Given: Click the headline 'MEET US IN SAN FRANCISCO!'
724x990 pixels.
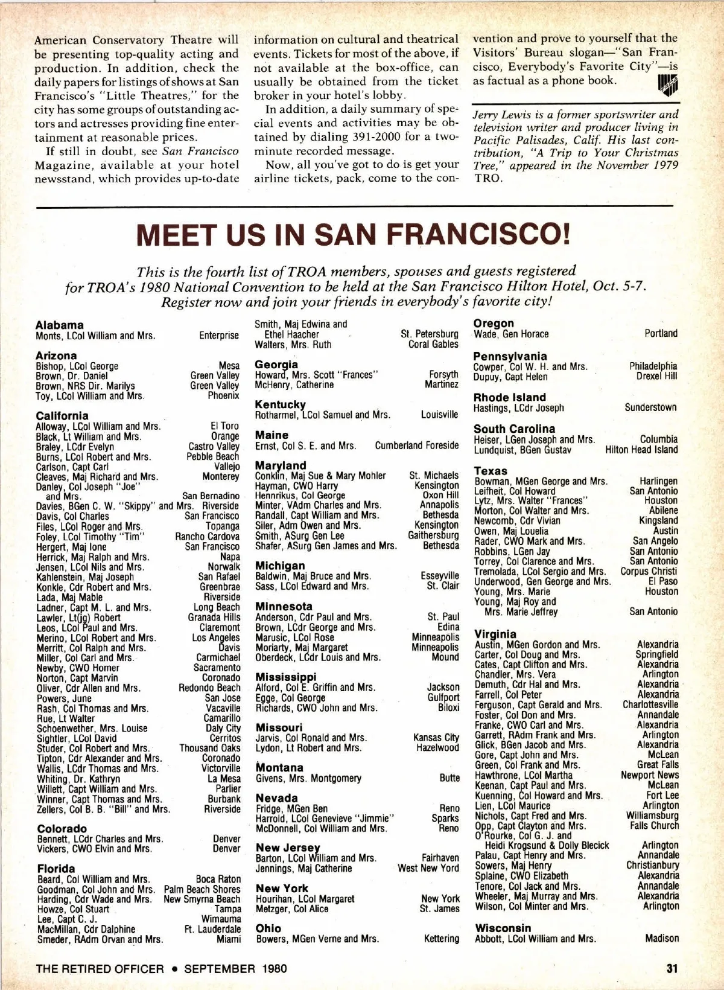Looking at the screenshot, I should pos(354,234).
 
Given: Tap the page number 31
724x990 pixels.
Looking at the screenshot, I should pos(672,968).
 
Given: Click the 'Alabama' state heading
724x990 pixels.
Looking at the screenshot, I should pos(60,325).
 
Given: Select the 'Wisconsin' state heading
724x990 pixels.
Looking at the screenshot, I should pos(503,928).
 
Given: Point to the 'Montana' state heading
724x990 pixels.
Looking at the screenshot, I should pos(279,767).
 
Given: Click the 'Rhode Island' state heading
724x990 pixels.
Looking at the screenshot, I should pos(509,397).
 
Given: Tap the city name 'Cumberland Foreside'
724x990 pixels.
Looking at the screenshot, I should pos(417,445).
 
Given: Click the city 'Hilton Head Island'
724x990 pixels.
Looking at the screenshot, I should pos(641,450).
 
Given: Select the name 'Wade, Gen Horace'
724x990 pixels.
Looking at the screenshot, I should pos(511,334).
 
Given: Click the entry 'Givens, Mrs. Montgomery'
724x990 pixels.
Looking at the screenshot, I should pos(308,778).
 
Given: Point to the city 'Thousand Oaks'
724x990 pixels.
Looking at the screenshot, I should pos(210,748).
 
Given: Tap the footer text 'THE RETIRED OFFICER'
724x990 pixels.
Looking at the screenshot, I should pos(100,969).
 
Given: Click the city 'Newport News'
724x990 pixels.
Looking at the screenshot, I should pos(650,775).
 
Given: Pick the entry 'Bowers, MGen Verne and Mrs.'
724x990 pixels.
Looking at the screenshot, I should pos(317,939).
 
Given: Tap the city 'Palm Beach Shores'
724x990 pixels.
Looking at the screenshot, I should pos(202,889).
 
